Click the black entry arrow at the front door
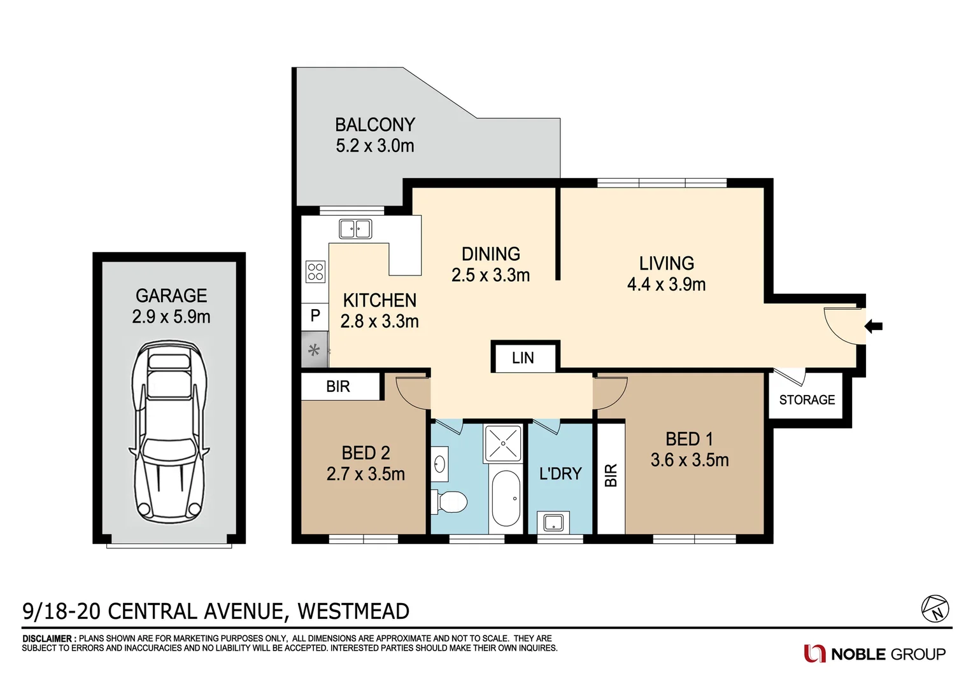coord(874,326)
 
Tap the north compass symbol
coord(935,609)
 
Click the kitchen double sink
coord(355,228)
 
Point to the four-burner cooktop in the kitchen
coord(315,272)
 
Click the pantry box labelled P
coord(315,316)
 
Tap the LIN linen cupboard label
coord(523,358)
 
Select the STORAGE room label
coord(807,400)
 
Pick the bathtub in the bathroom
coord(506,498)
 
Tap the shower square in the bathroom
coord(503,443)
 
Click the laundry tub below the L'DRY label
coord(553,523)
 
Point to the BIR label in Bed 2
coord(338,387)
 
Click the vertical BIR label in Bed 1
coord(611,475)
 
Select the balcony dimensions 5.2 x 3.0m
coord(375,146)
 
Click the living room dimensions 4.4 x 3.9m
coord(666,284)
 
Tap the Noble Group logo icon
coord(814,653)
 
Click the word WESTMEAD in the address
coord(353,611)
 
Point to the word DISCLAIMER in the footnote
coord(47,639)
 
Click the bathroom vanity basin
coord(439,462)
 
